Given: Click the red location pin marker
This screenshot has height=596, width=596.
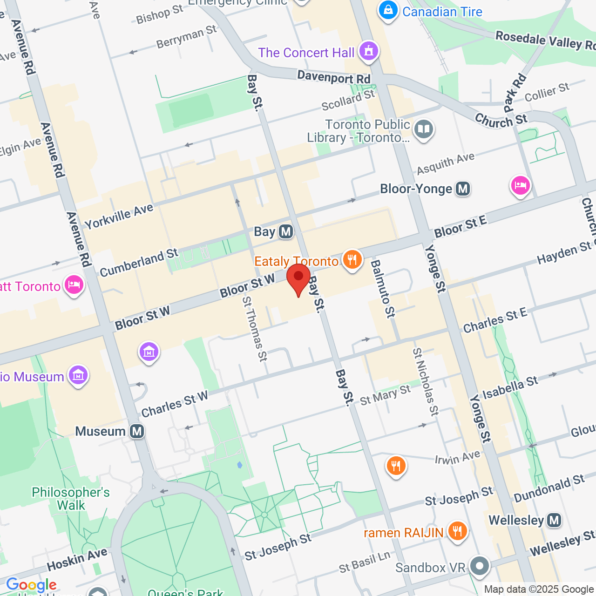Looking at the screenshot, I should click(x=298, y=278).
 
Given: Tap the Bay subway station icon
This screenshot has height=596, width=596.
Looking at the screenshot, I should click(x=286, y=231).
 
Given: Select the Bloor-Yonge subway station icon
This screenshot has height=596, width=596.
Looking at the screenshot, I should click(x=463, y=189).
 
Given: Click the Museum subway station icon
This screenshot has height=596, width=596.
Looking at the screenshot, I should click(x=137, y=431).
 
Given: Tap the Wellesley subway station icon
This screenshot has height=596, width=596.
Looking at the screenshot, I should click(x=554, y=520).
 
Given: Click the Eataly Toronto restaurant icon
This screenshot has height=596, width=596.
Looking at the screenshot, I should click(x=352, y=260).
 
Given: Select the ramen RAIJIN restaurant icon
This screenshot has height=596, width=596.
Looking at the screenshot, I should click(x=457, y=531).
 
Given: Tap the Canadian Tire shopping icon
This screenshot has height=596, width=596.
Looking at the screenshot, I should click(x=388, y=10).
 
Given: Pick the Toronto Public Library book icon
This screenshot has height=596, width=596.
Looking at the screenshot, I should click(x=424, y=129).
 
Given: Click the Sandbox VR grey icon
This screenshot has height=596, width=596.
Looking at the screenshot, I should click(x=479, y=566).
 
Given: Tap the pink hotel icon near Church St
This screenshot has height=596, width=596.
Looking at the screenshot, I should click(x=520, y=186).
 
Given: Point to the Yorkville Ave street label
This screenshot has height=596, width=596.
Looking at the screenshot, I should click(x=119, y=217).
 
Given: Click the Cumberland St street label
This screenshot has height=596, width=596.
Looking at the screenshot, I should click(x=139, y=263).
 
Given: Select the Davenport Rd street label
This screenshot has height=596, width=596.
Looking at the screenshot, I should click(x=333, y=77).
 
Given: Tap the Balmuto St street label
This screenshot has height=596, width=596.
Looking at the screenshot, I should click(x=382, y=289).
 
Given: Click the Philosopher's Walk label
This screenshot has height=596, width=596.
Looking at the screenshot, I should click(x=71, y=499).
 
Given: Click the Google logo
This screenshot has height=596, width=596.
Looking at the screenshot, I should click(x=31, y=585).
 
